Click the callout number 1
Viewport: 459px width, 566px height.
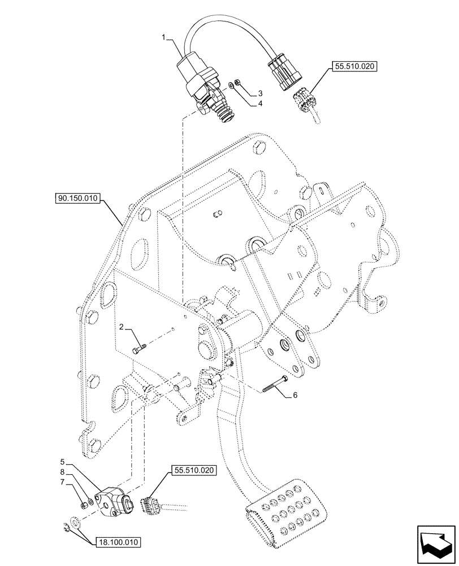164,37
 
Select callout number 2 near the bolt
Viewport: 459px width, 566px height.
121,327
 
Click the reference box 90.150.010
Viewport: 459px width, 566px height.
77,198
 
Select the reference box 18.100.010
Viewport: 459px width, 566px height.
118,542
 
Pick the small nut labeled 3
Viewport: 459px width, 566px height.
239,82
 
